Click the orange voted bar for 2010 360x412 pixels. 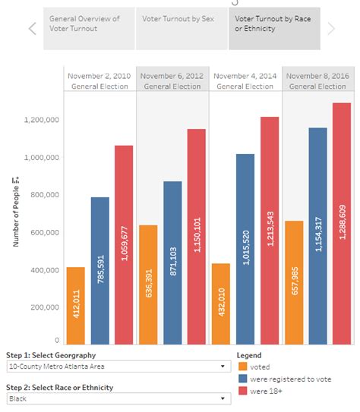point(76,306)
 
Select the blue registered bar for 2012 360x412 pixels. point(172,263)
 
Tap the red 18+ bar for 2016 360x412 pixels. point(342,224)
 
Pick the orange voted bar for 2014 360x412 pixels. point(221,303)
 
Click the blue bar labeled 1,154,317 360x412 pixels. point(318,236)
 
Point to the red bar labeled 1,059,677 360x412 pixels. point(124,245)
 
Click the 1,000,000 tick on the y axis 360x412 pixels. point(42,157)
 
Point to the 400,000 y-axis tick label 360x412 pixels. point(45,270)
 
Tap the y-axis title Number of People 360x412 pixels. point(16,212)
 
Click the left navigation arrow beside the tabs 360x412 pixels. point(33,29)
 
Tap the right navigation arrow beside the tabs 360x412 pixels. point(331,29)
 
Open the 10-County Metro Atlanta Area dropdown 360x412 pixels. point(118,366)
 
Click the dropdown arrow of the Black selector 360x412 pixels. point(223,398)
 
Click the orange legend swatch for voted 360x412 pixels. point(243,366)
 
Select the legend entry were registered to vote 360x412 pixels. point(285,379)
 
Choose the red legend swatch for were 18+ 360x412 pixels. point(243,391)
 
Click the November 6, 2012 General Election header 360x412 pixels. point(172,81)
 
